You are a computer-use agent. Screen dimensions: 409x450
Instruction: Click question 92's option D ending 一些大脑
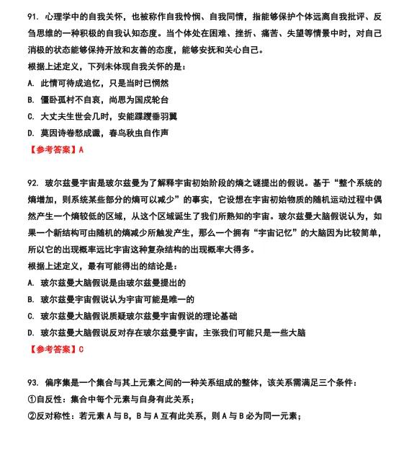coord(166,333)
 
